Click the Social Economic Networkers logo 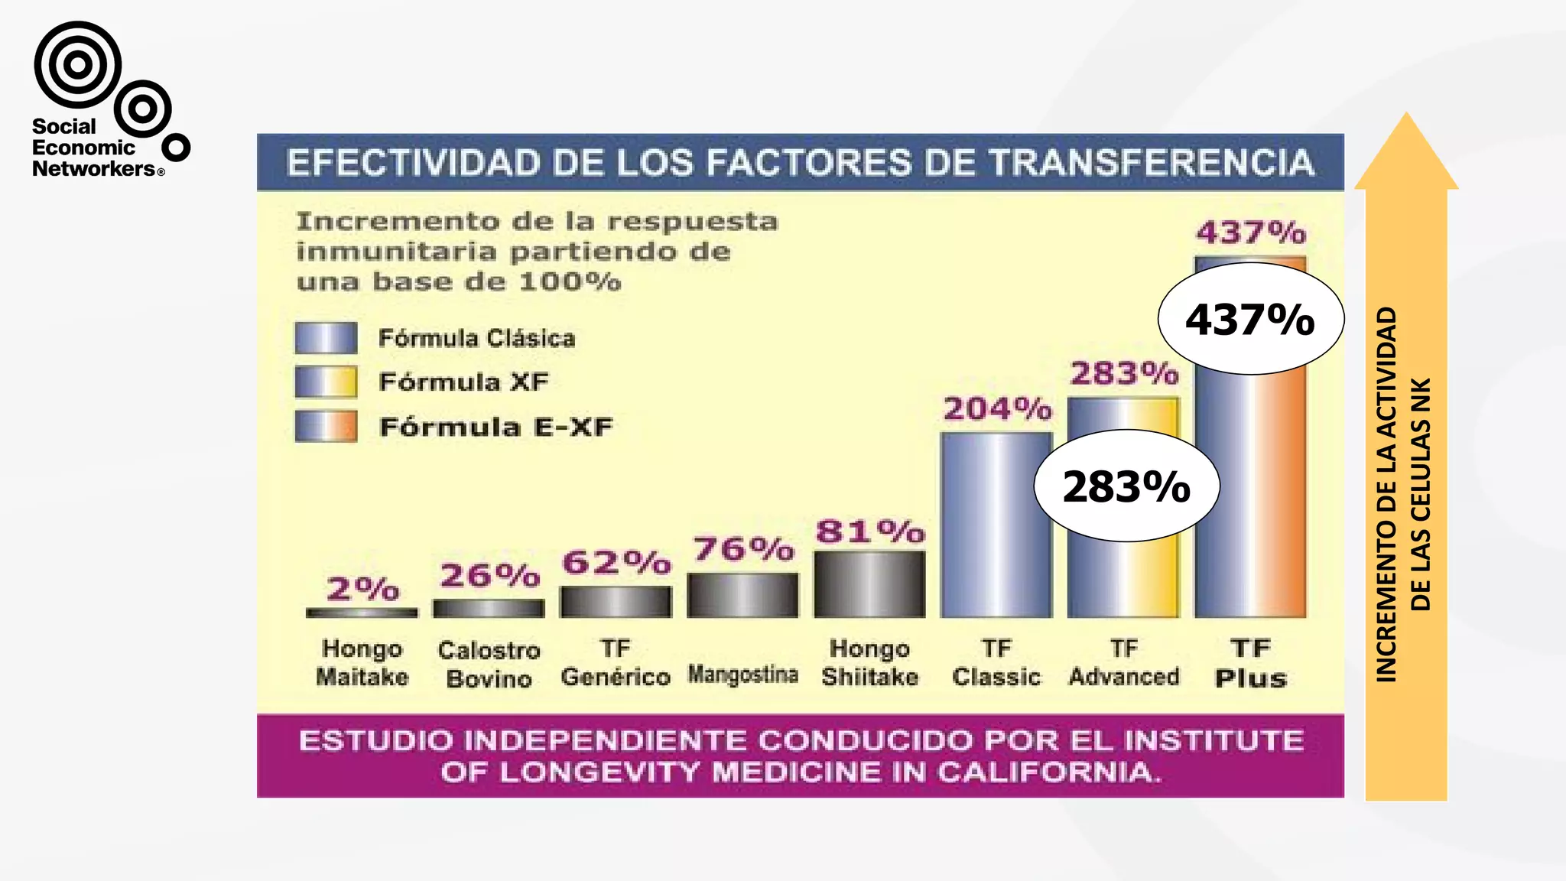pyautogui.click(x=107, y=99)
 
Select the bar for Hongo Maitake pyautogui.click(x=362, y=613)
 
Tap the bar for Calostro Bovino pyautogui.click(x=489, y=608)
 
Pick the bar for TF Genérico pyautogui.click(x=616, y=602)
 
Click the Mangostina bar pyautogui.click(x=742, y=595)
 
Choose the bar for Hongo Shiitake pyautogui.click(x=869, y=584)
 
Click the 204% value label pyautogui.click(x=997, y=409)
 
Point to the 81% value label pyautogui.click(x=870, y=532)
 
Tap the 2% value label pyautogui.click(x=362, y=589)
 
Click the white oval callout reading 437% pyautogui.click(x=1250, y=319)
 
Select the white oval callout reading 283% pyautogui.click(x=1126, y=486)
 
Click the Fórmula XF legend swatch pyautogui.click(x=326, y=382)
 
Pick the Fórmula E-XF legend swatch pyautogui.click(x=326, y=426)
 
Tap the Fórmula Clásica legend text pyautogui.click(x=476, y=338)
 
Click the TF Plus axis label pyautogui.click(x=1251, y=663)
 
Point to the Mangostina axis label pyautogui.click(x=742, y=674)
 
